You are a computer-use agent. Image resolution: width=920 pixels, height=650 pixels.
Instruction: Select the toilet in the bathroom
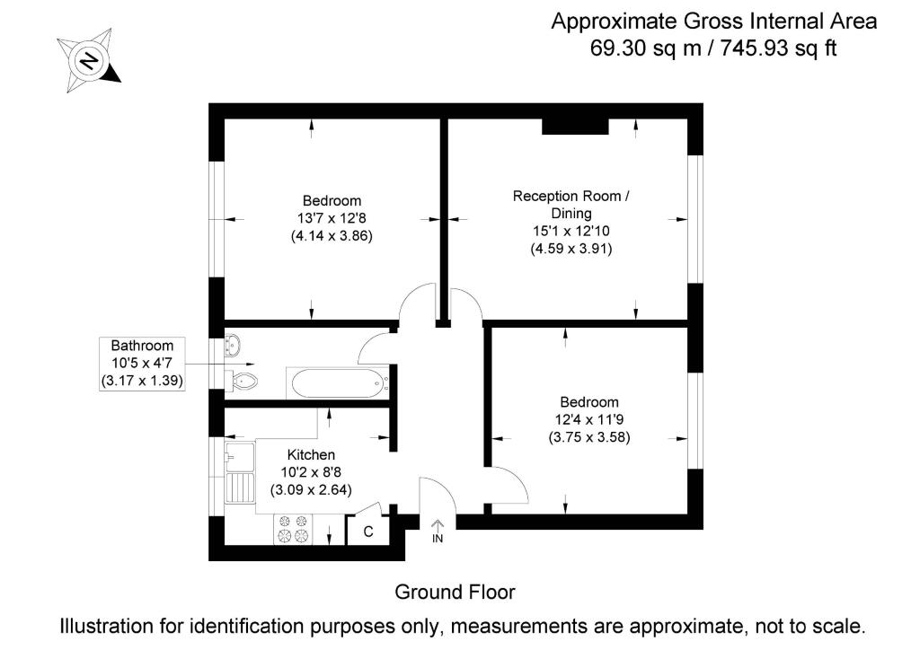point(243,382)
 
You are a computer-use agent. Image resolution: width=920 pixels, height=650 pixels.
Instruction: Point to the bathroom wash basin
point(231,345)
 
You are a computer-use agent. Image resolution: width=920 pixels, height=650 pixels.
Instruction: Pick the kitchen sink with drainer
point(239,473)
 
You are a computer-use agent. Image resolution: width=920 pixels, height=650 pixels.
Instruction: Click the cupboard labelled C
point(368,531)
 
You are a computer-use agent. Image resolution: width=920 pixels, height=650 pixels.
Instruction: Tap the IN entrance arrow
point(438,531)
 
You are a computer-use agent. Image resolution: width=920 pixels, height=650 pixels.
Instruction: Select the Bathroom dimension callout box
point(142,364)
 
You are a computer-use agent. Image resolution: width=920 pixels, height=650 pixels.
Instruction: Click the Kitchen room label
point(311,455)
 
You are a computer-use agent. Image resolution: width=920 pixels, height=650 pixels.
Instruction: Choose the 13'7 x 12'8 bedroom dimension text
point(332,218)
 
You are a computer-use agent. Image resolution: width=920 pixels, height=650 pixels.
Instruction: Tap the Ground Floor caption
point(455,592)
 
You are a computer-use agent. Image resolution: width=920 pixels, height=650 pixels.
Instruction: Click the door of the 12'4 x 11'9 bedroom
point(509,485)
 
